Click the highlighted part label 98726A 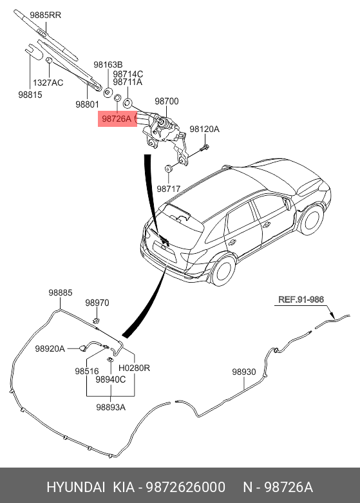point(117,119)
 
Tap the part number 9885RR point(46,15)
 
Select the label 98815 point(30,95)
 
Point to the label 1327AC point(48,83)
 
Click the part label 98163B point(108,64)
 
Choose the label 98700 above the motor point(167,101)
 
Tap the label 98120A point(204,129)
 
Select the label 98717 point(169,189)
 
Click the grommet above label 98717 point(168,168)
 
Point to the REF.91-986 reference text point(301,299)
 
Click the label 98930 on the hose point(244,372)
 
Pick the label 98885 point(61,292)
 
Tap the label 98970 point(97,303)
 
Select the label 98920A point(50,348)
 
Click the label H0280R point(134,368)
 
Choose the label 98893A point(111,407)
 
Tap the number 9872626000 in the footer point(185,487)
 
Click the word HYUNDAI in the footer point(76,487)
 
